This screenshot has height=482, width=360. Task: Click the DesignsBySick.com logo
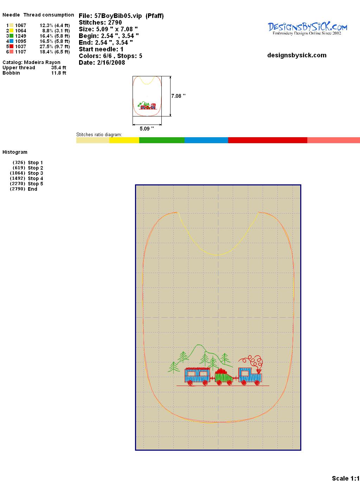point(307,28)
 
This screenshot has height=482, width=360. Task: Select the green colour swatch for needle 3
point(11,36)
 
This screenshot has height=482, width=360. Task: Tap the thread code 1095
point(21,41)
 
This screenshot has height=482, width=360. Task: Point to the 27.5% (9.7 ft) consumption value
point(54,46)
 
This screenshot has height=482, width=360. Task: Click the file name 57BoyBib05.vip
point(118,16)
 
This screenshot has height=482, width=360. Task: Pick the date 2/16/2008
point(111,63)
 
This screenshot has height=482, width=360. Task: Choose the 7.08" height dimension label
point(178,96)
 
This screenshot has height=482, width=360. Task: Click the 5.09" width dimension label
point(147,128)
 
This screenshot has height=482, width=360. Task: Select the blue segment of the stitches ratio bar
point(206,140)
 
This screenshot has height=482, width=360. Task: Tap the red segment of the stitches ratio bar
point(268,140)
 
